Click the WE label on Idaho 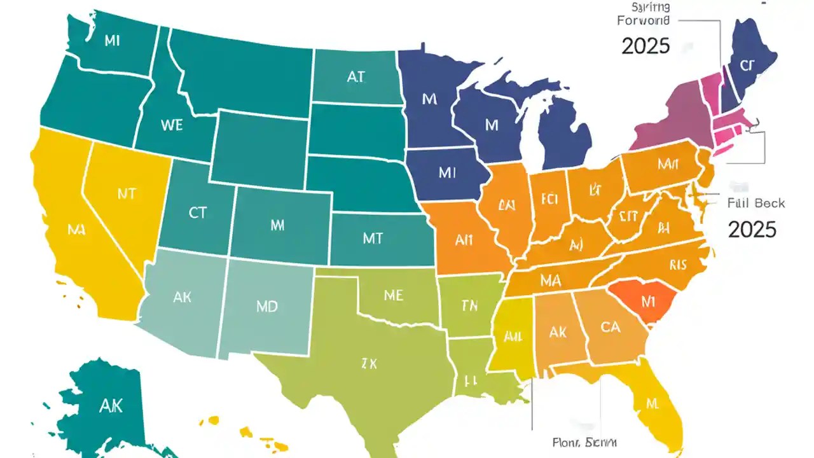pyautogui.click(x=172, y=125)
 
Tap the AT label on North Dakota pyautogui.click(x=356, y=77)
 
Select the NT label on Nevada pyautogui.click(x=127, y=194)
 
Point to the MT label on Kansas pyautogui.click(x=373, y=238)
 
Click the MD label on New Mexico pyautogui.click(x=267, y=306)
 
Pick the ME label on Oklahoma pyautogui.click(x=394, y=295)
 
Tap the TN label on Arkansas pyautogui.click(x=469, y=306)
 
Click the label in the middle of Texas pyautogui.click(x=369, y=364)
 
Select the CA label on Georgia pyautogui.click(x=610, y=327)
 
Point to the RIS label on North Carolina pyautogui.click(x=679, y=265)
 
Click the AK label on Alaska pyautogui.click(x=111, y=406)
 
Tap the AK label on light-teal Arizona pyautogui.click(x=182, y=296)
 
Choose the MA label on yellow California pyautogui.click(x=76, y=230)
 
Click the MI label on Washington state pyautogui.click(x=111, y=41)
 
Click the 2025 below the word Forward pyautogui.click(x=645, y=46)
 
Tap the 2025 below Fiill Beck pyautogui.click(x=752, y=229)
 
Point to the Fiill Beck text pyautogui.click(x=756, y=204)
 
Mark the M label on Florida pyautogui.click(x=652, y=403)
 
